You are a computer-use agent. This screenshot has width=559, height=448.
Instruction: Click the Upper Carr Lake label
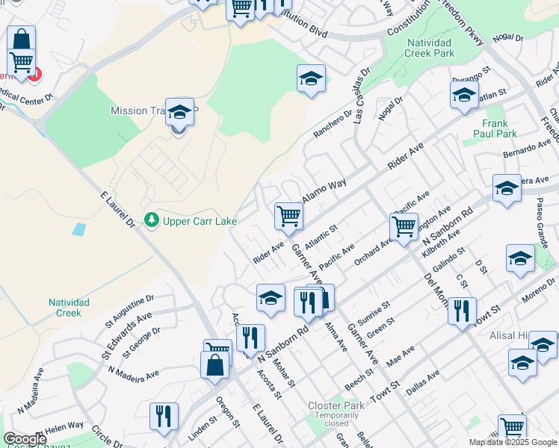[x=189, y=221]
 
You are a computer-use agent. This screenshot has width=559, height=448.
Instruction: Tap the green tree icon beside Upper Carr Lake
[x=152, y=220]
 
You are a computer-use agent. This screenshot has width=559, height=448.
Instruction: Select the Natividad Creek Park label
[x=430, y=48]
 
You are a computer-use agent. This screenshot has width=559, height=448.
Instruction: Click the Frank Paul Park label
[x=495, y=128]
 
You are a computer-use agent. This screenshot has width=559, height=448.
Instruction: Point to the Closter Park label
[x=336, y=405]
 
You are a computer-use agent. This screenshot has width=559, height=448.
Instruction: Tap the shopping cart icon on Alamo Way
[x=288, y=216]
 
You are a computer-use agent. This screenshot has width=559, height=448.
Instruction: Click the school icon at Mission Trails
[x=179, y=112]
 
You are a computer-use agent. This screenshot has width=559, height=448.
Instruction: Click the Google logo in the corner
[x=25, y=439]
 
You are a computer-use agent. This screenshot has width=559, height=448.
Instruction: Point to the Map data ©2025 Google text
[x=512, y=442]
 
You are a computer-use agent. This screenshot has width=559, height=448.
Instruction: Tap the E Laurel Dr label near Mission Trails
[x=117, y=210]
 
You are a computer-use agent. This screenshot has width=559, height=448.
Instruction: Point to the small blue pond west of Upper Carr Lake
[x=78, y=229]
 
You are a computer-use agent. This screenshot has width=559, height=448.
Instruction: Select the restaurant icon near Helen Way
[x=163, y=417]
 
